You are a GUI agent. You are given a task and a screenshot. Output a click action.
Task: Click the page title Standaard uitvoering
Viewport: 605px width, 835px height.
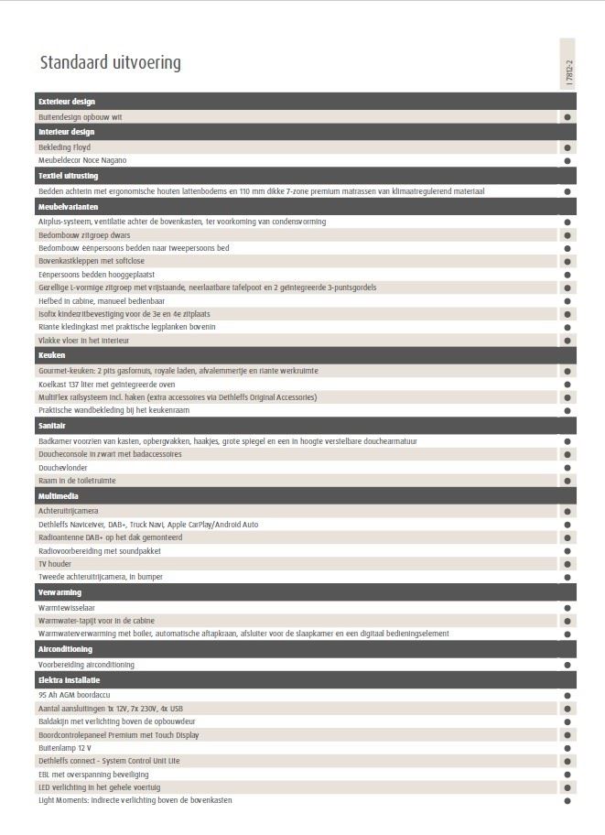[110, 63]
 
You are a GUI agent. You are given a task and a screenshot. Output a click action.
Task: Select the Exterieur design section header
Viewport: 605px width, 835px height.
[67, 102]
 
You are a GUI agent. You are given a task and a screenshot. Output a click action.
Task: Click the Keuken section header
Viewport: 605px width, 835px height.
[51, 354]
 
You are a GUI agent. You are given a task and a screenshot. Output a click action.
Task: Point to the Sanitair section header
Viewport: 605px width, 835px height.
[53, 425]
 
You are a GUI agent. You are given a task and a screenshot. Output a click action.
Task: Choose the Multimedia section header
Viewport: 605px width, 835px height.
[59, 495]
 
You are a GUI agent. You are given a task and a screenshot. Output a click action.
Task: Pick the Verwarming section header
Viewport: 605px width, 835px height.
[59, 592]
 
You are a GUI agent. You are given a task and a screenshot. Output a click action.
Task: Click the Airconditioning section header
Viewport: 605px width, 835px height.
[65, 649]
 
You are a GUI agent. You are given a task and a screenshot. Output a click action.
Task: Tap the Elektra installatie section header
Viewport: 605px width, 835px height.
[69, 680]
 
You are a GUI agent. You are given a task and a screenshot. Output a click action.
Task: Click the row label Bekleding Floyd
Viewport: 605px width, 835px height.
[64, 147]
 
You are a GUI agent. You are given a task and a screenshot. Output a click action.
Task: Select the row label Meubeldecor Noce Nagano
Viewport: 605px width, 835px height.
[82, 160]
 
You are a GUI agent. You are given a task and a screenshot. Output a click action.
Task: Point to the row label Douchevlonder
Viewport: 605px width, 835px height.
[63, 467]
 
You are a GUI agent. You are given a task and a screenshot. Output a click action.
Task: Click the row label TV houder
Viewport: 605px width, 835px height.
[55, 564]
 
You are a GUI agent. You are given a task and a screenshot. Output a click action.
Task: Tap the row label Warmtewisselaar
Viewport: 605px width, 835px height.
[67, 607]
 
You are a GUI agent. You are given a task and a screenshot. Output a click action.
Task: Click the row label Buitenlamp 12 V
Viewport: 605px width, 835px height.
[65, 747]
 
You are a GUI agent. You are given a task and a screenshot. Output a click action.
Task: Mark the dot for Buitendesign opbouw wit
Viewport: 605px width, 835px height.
[567, 117]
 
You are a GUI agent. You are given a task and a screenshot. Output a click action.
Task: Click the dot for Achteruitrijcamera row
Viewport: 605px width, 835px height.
[567, 511]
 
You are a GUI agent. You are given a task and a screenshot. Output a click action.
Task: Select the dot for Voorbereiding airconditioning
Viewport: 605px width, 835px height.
[567, 665]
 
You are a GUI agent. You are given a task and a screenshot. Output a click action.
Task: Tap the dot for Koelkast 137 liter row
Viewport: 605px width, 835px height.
[567, 385]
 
